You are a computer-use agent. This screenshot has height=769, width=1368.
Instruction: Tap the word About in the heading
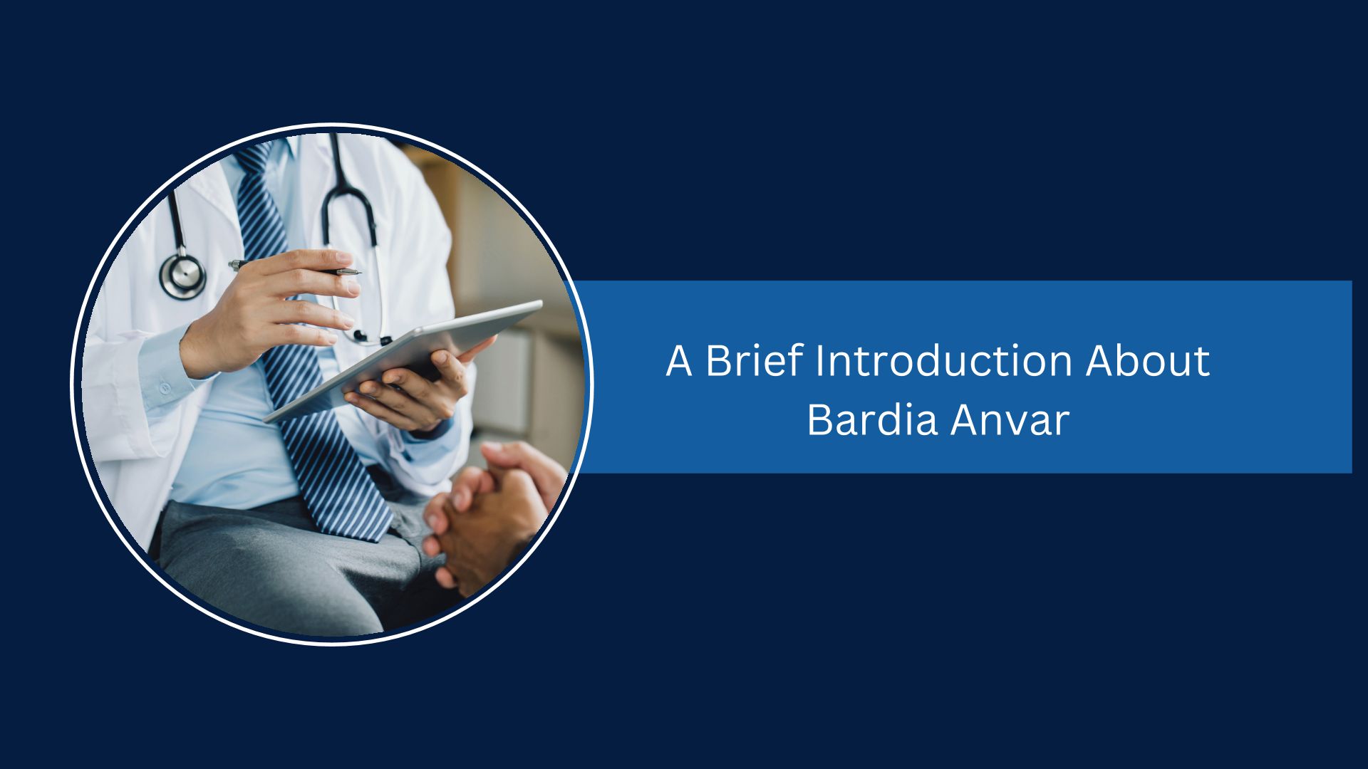click(1147, 360)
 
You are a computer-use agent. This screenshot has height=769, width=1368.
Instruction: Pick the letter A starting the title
click(679, 361)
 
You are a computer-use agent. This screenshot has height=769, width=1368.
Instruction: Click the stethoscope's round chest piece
click(182, 275)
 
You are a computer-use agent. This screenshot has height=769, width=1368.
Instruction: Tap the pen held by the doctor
click(294, 268)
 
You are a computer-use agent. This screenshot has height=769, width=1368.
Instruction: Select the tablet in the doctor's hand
click(403, 360)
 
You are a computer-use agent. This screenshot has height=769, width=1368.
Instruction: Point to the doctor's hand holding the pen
click(271, 310)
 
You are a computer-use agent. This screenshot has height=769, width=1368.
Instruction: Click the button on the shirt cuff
click(165, 389)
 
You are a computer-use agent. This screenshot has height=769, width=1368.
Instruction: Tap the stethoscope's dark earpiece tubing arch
click(349, 192)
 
